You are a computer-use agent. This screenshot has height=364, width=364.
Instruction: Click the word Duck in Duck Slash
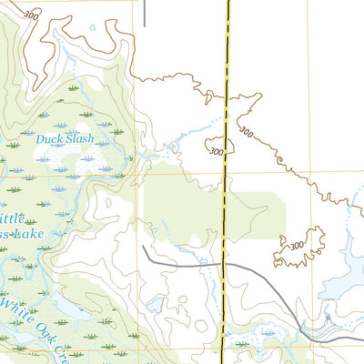point(50,139)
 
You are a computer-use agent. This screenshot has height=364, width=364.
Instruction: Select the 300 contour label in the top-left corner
point(32,15)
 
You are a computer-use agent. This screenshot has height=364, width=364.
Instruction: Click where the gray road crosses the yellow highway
point(224,264)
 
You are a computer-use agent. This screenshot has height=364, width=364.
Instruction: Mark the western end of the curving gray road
point(144,247)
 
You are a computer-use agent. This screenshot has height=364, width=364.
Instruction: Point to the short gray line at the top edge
point(144,11)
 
